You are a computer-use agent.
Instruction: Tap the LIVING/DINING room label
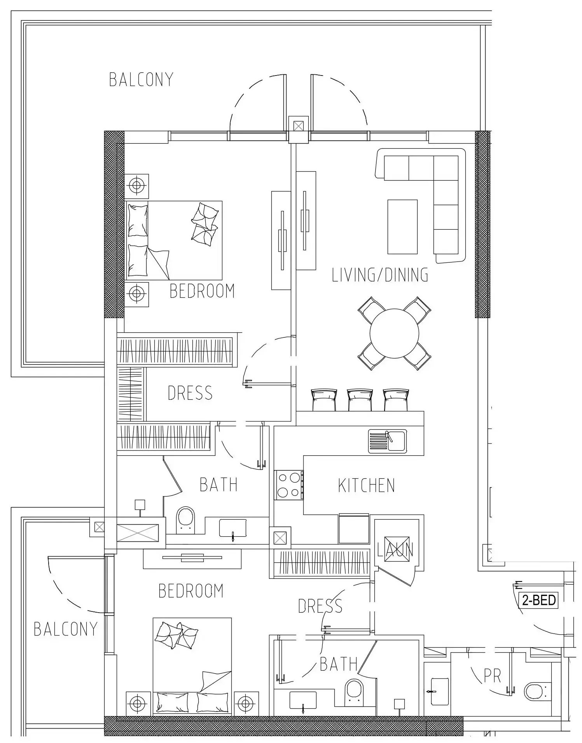click(380, 275)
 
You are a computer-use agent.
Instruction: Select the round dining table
click(394, 333)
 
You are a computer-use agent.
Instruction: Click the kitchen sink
click(388, 441)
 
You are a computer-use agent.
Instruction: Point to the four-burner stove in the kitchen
click(289, 485)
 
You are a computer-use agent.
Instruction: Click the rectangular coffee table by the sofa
click(402, 227)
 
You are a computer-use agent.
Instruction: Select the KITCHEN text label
click(366, 486)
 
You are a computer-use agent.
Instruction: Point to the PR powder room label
click(492, 676)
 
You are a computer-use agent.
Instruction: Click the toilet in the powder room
click(538, 691)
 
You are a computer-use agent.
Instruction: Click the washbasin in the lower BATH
click(303, 701)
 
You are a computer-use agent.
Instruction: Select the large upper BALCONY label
click(141, 80)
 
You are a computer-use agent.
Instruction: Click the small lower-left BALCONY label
click(65, 629)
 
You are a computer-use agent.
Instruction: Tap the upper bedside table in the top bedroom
click(136, 185)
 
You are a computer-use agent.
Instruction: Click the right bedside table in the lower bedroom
click(246, 703)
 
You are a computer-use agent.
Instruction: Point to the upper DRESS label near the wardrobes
click(190, 393)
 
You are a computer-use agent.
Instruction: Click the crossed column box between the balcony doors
click(298, 126)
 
